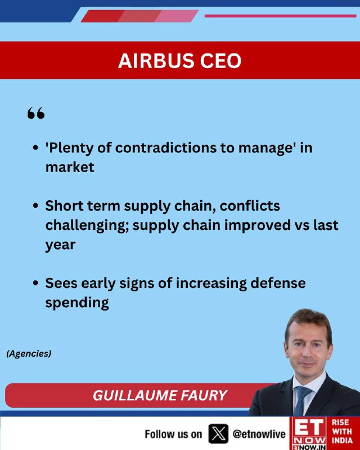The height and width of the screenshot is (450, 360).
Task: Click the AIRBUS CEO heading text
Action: (179, 61)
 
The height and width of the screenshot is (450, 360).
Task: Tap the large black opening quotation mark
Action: (36, 113)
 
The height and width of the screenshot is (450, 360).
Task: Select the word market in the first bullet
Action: (70, 167)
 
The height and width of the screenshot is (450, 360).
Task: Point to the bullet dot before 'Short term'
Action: (35, 206)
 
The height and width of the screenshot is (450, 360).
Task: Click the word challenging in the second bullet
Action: (87, 226)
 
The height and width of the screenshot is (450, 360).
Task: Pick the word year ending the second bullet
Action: (60, 245)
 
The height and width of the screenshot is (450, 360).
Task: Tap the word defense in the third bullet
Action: (278, 283)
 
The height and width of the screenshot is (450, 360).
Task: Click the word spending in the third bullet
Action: (77, 303)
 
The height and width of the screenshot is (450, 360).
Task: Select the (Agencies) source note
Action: (29, 353)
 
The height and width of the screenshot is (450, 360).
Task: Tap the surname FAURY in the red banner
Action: (202, 395)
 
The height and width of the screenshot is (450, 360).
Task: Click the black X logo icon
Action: (218, 434)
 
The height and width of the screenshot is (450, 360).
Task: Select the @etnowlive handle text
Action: (259, 434)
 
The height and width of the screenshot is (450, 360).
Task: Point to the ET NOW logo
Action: (308, 433)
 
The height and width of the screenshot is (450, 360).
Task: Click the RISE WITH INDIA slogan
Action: (342, 431)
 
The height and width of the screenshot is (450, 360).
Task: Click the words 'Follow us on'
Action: (173, 434)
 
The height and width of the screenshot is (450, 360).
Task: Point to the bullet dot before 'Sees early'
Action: (35, 283)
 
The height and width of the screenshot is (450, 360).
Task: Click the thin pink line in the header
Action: (280, 16)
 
